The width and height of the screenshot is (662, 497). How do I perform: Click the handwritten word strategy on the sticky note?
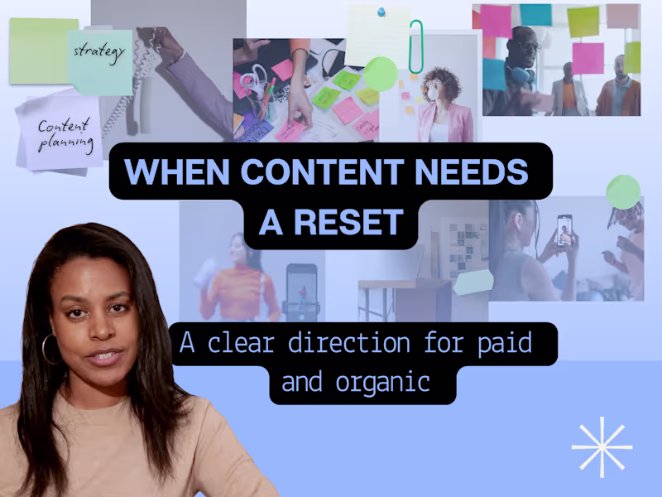(x=99, y=51)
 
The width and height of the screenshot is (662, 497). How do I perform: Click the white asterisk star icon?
(x=602, y=446)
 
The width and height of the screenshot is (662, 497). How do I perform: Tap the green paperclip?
(x=415, y=47)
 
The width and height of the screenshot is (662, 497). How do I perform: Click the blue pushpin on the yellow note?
(x=381, y=12)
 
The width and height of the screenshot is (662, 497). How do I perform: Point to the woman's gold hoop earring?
(x=48, y=348)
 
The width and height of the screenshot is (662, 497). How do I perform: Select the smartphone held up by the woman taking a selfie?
(x=564, y=230)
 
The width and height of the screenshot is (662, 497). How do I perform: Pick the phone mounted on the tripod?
(x=301, y=287)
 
